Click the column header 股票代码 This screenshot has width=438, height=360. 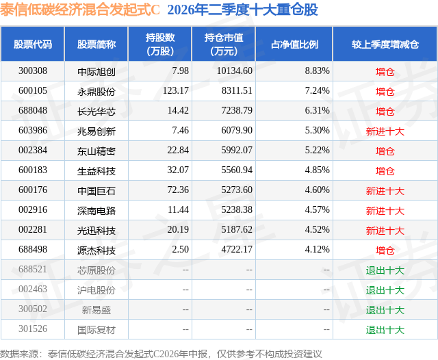(x=33, y=44)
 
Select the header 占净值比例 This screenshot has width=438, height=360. (x=294, y=44)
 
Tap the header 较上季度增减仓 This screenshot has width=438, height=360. (x=385, y=44)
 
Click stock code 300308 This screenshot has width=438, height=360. (x=33, y=71)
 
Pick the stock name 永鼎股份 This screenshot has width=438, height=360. (x=96, y=91)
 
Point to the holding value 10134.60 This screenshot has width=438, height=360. (x=235, y=71)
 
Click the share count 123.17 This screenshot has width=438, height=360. (x=176, y=91)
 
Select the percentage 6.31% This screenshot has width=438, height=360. (x=318, y=111)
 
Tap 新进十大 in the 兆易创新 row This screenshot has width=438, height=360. (x=385, y=131)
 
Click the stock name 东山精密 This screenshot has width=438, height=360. (x=96, y=151)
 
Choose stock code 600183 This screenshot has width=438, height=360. (x=33, y=170)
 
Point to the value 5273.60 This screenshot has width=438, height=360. (x=237, y=190)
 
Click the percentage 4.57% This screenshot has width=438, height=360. (x=318, y=209)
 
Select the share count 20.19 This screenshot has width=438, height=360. (x=178, y=229)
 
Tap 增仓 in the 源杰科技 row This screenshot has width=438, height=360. (x=385, y=250)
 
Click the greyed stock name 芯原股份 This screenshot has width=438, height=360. (x=96, y=270)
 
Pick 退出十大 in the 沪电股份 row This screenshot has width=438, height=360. (x=385, y=290)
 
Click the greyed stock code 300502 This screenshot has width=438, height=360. (x=33, y=309)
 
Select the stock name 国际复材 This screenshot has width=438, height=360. (x=96, y=329)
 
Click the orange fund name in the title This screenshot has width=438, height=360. (x=80, y=10)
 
